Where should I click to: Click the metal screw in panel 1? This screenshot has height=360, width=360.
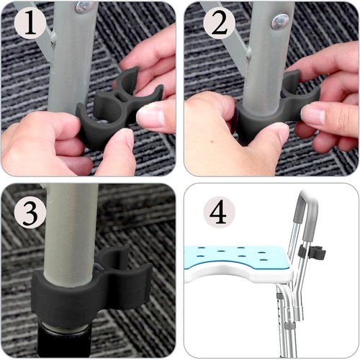(x=85, y=6)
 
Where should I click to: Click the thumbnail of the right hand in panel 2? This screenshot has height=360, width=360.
(x=317, y=114)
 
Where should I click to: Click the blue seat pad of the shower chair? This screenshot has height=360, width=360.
(x=238, y=256)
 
